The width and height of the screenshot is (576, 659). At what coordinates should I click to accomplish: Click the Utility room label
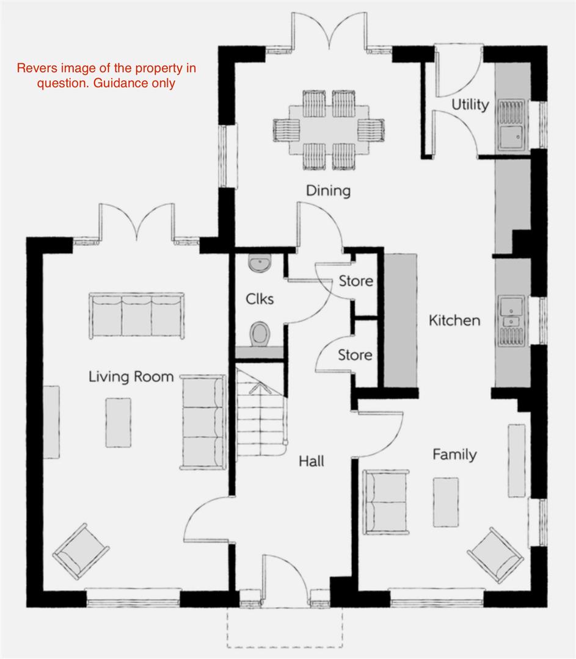pyautogui.click(x=470, y=104)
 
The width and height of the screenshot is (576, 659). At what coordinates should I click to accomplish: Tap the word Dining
pyautogui.click(x=328, y=191)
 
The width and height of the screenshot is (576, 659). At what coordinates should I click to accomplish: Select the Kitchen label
pyautogui.click(x=454, y=320)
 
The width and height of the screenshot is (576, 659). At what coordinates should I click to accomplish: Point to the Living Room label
pyautogui.click(x=131, y=376)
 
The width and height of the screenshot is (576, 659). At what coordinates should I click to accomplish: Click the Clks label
pyautogui.click(x=260, y=299)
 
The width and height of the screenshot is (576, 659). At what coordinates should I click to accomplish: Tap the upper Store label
pyautogui.click(x=355, y=281)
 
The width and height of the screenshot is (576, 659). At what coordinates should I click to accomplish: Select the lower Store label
pyautogui.click(x=355, y=355)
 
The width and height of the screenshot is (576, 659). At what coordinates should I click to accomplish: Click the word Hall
pyautogui.click(x=311, y=461)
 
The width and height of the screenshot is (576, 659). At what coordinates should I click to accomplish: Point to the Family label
pyautogui.click(x=454, y=454)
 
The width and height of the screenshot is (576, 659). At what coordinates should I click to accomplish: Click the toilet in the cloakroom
pyautogui.click(x=261, y=333)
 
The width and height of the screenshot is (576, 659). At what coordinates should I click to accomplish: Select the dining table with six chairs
pyautogui.click(x=329, y=129)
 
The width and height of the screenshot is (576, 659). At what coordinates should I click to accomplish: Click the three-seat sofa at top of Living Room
pyautogui.click(x=137, y=315)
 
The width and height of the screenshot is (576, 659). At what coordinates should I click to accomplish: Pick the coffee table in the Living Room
pyautogui.click(x=118, y=422)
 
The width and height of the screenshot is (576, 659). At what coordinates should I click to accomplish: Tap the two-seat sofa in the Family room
pyautogui.click(x=385, y=502)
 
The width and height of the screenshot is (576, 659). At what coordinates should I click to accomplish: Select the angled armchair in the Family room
pyautogui.click(x=496, y=554)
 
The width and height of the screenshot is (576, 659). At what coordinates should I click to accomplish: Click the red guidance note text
pyautogui.click(x=106, y=75)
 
